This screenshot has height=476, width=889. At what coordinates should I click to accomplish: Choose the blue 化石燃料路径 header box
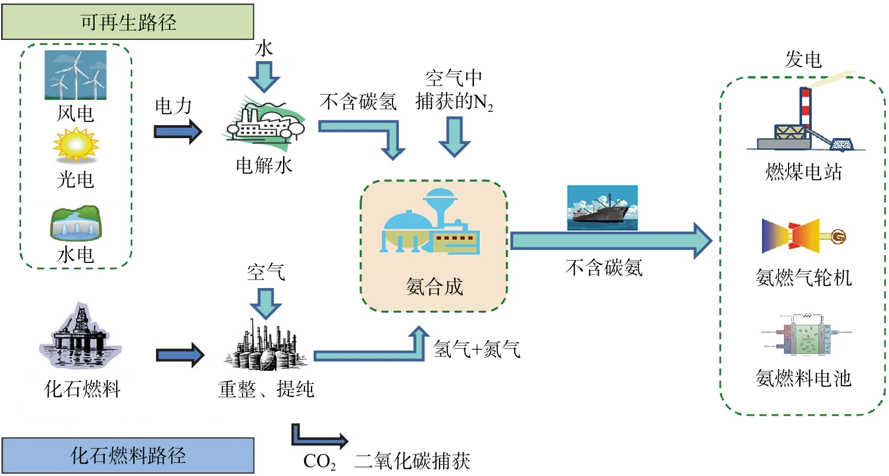(x=128, y=456)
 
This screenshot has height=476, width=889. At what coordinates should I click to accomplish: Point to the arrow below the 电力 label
(x=178, y=131)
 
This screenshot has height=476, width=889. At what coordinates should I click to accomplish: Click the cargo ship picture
(x=602, y=208)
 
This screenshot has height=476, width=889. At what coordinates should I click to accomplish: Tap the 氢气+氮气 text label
(x=477, y=350)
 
